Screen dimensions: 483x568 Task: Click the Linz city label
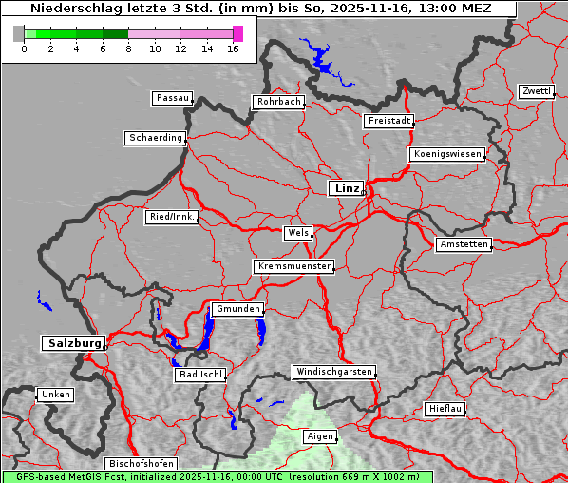click(x=346, y=188)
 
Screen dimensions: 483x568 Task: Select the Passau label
click(x=172, y=98)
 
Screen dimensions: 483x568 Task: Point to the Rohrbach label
click(x=277, y=102)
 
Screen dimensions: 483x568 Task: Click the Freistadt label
click(x=388, y=121)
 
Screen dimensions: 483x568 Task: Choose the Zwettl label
click(x=536, y=91)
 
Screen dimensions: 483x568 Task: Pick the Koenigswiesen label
click(x=447, y=154)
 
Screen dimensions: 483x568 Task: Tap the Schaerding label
click(x=155, y=138)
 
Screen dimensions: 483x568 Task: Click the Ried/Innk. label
click(x=172, y=217)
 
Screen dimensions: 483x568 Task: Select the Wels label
click(x=297, y=233)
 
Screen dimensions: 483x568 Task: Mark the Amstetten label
click(x=464, y=244)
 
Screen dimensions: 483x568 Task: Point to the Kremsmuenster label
click(x=293, y=266)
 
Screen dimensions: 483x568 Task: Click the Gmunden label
click(x=237, y=309)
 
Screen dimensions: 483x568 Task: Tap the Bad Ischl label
click(x=199, y=375)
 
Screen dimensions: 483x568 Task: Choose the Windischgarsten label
click(x=333, y=372)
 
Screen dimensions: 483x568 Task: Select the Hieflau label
click(x=445, y=409)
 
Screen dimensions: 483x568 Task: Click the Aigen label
click(x=319, y=436)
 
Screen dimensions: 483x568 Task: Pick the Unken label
click(x=55, y=394)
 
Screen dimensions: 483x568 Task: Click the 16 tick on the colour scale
click(x=233, y=48)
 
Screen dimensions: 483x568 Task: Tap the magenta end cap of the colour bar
click(x=237, y=33)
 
